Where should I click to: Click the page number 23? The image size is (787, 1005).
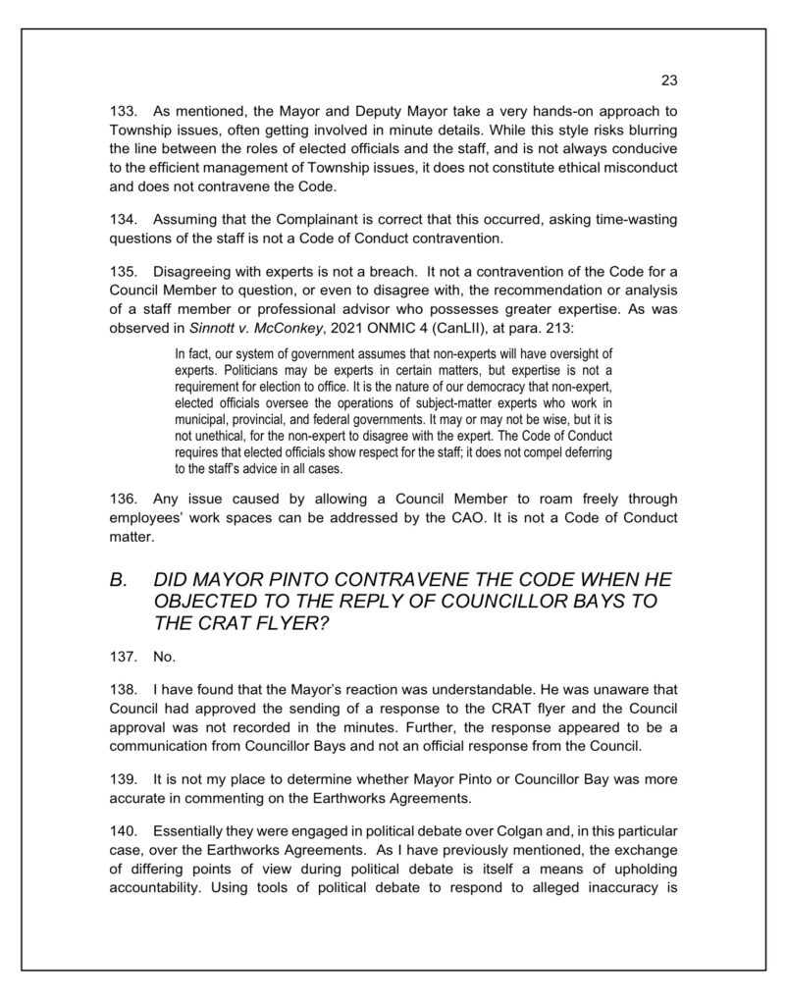pos(670,80)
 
